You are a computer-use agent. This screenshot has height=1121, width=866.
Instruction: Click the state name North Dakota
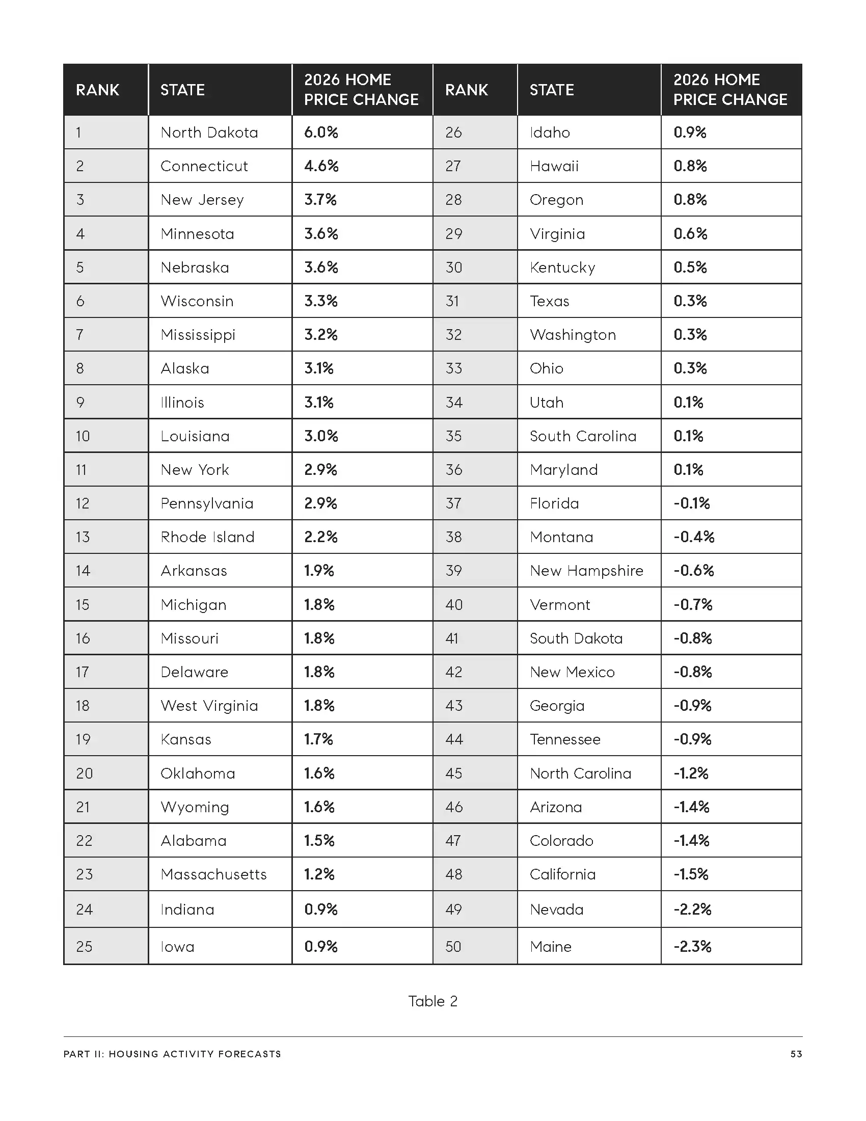(x=209, y=132)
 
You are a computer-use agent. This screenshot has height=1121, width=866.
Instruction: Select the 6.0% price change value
(x=320, y=132)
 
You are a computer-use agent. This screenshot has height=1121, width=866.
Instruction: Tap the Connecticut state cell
(x=204, y=166)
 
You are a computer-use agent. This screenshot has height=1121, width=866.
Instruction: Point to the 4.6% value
(x=321, y=166)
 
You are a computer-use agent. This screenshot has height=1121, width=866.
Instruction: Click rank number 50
(x=453, y=946)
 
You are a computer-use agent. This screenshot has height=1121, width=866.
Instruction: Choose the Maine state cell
(x=551, y=946)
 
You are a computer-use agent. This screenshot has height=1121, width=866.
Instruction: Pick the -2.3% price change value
(x=692, y=946)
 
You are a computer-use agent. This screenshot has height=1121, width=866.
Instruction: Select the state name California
(x=562, y=874)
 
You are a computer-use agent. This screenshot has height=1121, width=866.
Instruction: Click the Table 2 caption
(x=432, y=1001)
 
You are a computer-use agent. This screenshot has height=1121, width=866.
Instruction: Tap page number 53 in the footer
(x=796, y=1054)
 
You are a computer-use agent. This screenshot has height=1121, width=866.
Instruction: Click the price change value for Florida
(x=692, y=503)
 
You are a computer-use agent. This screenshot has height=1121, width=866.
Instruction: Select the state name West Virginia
(x=209, y=706)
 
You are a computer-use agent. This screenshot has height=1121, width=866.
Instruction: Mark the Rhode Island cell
(x=207, y=537)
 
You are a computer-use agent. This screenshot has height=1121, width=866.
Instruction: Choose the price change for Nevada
(x=692, y=909)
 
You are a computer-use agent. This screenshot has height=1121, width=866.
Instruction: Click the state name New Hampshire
(x=586, y=571)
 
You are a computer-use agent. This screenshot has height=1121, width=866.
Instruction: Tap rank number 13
(x=83, y=537)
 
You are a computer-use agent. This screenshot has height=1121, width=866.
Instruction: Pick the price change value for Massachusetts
(x=319, y=874)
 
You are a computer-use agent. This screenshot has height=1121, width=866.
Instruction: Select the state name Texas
(x=549, y=301)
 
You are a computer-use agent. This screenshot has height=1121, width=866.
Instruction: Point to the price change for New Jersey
(x=320, y=200)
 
